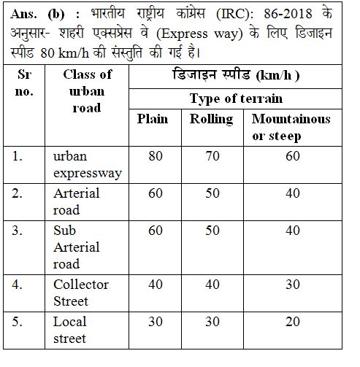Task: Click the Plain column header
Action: [x=153, y=119]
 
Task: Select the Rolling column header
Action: [x=211, y=119]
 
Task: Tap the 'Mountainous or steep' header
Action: [x=291, y=127]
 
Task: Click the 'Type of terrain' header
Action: [x=236, y=98]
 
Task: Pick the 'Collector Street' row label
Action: [x=81, y=293]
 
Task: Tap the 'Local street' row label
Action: [x=70, y=330]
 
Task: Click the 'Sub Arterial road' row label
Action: [x=77, y=247]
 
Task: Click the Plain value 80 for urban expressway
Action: [x=156, y=156]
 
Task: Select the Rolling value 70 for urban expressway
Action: [x=211, y=156]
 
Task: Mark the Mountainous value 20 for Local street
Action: [x=293, y=322]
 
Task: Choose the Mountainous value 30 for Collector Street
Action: [x=293, y=285]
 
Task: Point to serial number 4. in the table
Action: [x=20, y=285]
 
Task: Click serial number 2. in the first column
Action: [x=20, y=193]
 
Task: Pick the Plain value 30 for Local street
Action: [x=156, y=322]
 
